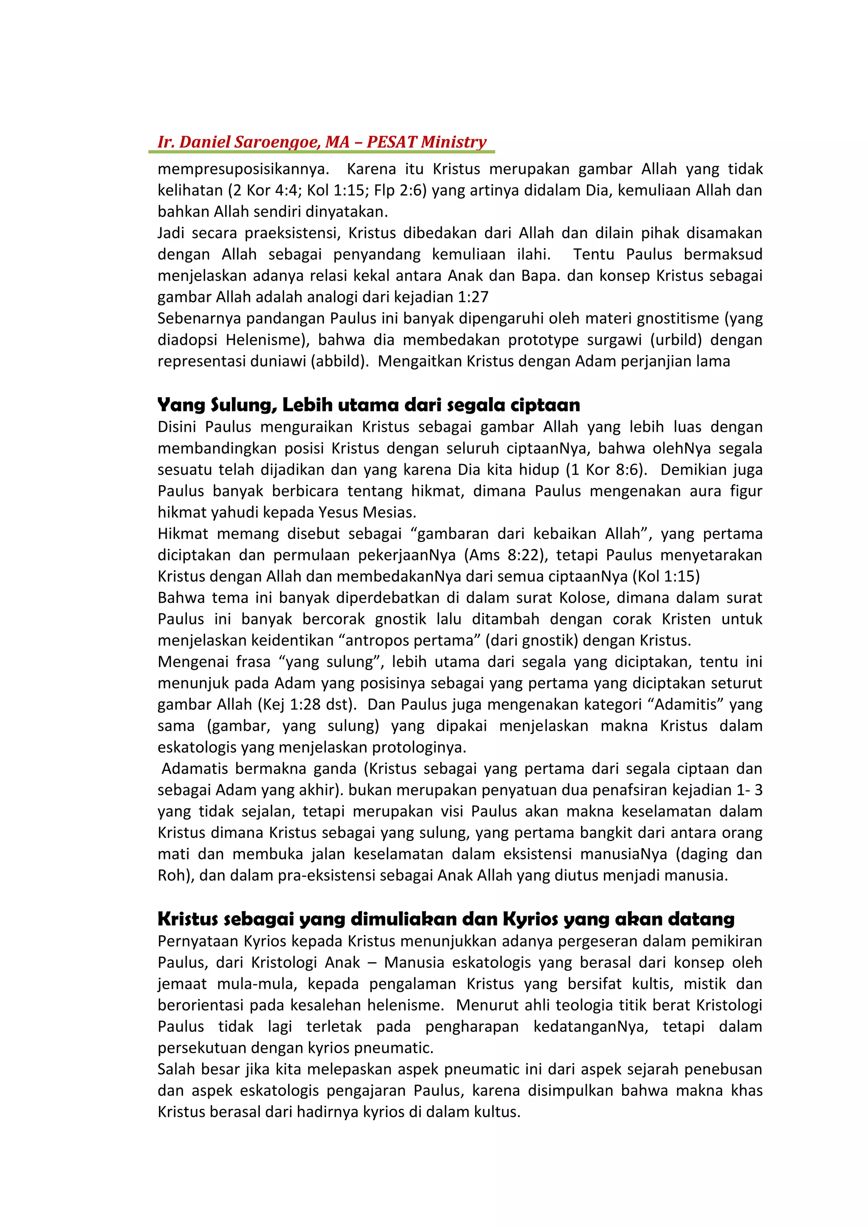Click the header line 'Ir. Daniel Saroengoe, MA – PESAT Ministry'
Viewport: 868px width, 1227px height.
pyautogui.click(x=322, y=142)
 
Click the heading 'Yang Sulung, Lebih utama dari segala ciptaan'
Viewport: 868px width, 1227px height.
pyautogui.click(x=368, y=405)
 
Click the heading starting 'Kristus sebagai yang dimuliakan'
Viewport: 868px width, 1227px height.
pyautogui.click(x=446, y=919)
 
